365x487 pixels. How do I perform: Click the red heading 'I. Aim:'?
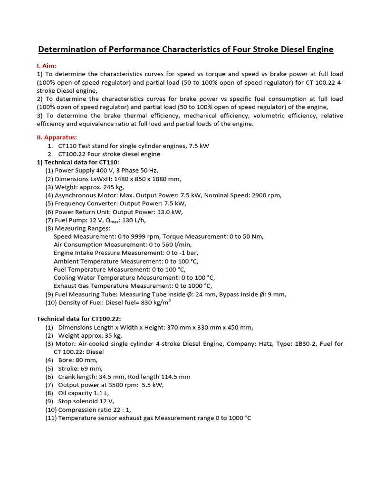click(x=50, y=66)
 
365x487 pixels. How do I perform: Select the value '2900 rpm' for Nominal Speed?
click(x=265, y=195)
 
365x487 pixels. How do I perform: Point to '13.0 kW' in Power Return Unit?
click(x=168, y=212)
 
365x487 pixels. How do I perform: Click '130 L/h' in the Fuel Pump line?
click(x=133, y=220)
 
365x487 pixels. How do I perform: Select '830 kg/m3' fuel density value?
click(x=153, y=302)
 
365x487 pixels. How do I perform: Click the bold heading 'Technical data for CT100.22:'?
click(x=82, y=319)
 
